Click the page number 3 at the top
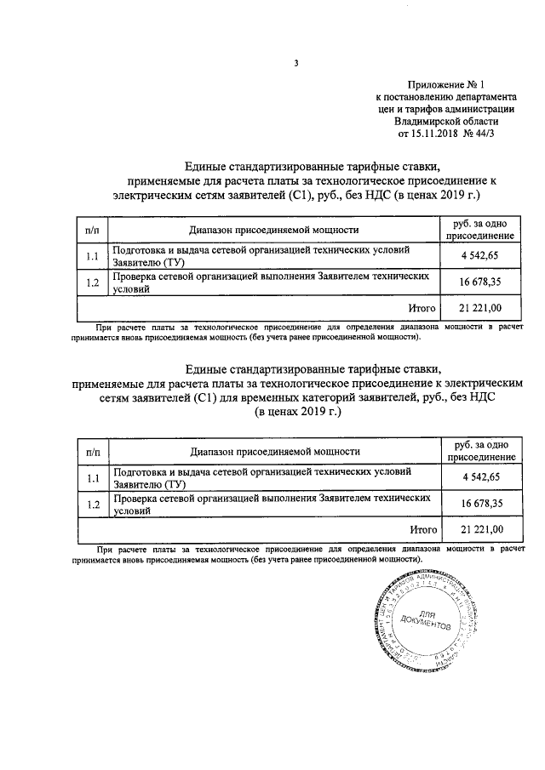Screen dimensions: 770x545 pyautogui.click(x=295, y=62)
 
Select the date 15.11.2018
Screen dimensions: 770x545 pyautogui.click(x=428, y=134)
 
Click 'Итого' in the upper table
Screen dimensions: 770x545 pyautogui.click(x=422, y=308)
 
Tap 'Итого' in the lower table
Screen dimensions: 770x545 pyautogui.click(x=422, y=530)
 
